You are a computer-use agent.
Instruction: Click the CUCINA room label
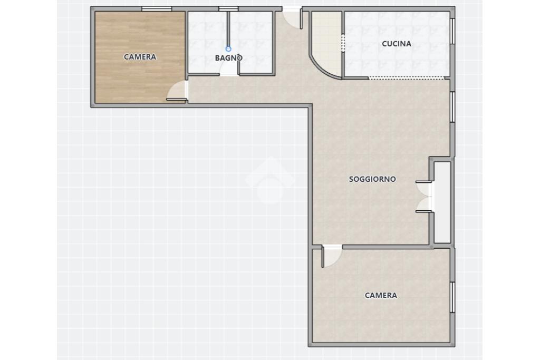point(397,44)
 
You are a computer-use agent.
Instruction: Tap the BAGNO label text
point(229,58)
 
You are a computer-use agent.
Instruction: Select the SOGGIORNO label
point(372,179)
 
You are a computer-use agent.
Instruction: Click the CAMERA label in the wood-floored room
point(140,57)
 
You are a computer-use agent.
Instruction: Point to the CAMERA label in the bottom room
point(381,295)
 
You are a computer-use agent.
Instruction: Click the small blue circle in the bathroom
point(228,49)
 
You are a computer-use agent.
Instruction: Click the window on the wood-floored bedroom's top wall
point(157,9)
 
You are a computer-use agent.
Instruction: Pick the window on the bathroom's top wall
point(228,9)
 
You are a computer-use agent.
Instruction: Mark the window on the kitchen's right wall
point(452,31)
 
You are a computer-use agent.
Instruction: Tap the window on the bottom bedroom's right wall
point(452,297)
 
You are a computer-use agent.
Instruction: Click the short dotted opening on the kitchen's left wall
point(343,43)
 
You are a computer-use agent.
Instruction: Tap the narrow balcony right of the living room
point(442,202)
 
